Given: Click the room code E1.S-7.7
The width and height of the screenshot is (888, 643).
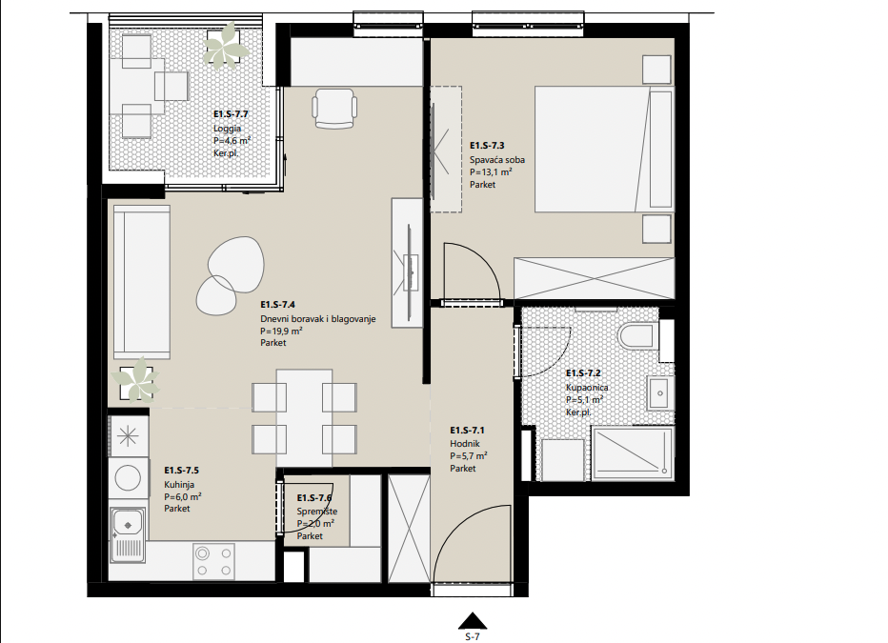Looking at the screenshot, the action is click(x=232, y=114).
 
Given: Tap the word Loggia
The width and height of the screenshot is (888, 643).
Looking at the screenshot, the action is click(x=227, y=129).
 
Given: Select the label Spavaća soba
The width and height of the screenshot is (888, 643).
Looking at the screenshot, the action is click(x=497, y=160).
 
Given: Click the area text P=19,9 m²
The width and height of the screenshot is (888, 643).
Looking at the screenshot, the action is click(x=281, y=332).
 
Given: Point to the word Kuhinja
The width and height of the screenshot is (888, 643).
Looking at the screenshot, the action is click(x=179, y=485).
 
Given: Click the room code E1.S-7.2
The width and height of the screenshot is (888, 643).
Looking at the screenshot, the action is click(x=583, y=373).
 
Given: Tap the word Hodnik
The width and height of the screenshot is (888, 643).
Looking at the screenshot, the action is click(x=465, y=444).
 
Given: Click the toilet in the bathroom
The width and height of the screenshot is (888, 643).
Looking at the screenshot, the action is click(x=638, y=335).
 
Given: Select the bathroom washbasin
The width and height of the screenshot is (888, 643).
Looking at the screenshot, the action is click(x=659, y=392).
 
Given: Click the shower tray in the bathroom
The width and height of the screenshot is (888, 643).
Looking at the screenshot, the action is click(x=632, y=452).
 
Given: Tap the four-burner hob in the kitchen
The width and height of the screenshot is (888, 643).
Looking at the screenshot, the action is click(x=213, y=561).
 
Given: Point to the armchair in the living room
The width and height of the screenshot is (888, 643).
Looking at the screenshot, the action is click(x=334, y=109).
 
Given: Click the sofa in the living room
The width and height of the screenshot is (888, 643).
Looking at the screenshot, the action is click(x=142, y=282).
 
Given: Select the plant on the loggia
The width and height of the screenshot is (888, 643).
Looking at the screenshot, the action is click(x=226, y=46).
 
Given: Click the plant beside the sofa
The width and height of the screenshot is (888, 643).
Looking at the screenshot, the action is click(x=136, y=380).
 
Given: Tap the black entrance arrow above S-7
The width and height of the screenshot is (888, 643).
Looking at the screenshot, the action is click(x=473, y=621).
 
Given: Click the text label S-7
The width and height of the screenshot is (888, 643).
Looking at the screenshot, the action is click(x=473, y=636).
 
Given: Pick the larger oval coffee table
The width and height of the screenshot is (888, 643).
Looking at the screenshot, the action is click(x=235, y=264).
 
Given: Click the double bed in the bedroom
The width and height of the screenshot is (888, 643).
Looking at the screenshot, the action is click(x=604, y=150).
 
